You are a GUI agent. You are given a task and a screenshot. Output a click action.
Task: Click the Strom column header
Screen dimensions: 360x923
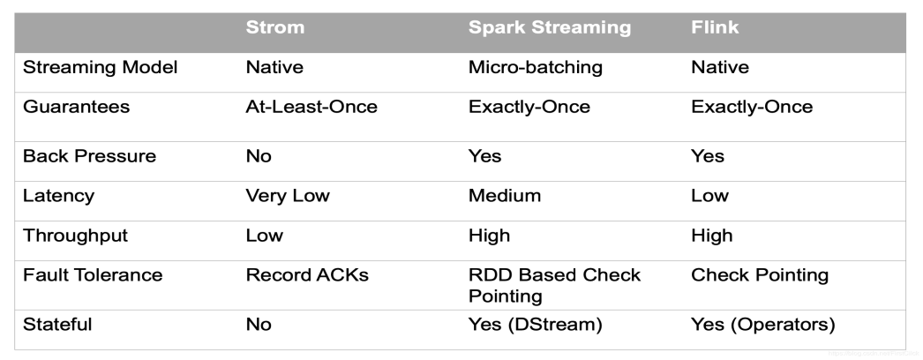click(x=274, y=27)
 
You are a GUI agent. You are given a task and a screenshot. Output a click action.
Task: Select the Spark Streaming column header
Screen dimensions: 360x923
click(x=549, y=27)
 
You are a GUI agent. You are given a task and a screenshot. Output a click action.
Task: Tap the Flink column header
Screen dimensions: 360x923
click(x=715, y=27)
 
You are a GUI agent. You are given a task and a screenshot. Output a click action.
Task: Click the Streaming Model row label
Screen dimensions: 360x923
click(x=100, y=68)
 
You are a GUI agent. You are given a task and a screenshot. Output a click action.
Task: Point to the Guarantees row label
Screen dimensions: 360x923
click(x=76, y=107)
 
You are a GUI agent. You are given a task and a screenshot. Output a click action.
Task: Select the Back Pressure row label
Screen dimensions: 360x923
click(x=89, y=156)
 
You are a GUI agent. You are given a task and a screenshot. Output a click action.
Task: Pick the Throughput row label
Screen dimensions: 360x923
click(x=75, y=235)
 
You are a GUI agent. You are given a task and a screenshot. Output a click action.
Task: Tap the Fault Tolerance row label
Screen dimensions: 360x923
click(x=93, y=274)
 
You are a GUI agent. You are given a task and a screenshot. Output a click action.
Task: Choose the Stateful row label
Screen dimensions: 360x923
click(x=57, y=324)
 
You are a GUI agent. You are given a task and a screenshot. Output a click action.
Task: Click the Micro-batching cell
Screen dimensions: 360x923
click(x=535, y=68)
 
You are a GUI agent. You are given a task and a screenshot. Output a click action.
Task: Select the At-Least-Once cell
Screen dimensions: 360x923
click(x=311, y=107)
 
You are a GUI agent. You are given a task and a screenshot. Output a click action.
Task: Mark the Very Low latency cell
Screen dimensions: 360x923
click(x=287, y=195)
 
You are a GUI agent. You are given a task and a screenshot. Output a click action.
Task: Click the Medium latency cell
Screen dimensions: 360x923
click(x=504, y=195)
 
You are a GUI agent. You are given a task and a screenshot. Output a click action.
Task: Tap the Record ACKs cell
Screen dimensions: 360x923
click(x=306, y=274)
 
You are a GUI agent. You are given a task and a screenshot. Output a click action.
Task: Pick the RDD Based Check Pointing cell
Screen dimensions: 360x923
click(x=554, y=285)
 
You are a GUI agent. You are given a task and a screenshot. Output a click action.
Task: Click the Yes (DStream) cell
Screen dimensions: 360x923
click(x=535, y=324)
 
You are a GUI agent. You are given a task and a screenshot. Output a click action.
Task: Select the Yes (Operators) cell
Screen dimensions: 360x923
click(x=762, y=324)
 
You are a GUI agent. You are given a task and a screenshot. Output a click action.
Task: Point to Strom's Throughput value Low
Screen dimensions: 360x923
click(x=264, y=235)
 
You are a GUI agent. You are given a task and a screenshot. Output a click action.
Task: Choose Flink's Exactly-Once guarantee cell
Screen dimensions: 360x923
click(x=752, y=107)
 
